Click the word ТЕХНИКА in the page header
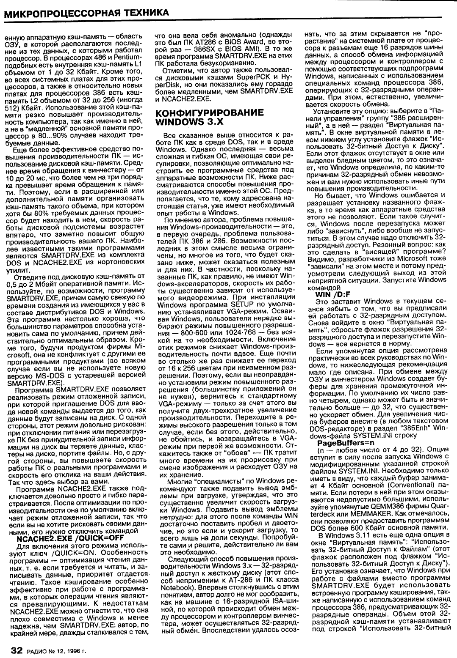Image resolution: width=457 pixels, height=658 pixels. (143, 13)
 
